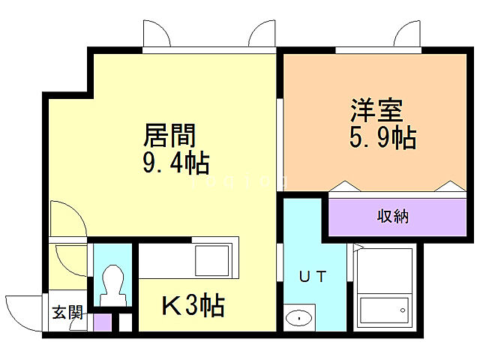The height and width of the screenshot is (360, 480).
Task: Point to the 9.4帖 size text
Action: (175, 161)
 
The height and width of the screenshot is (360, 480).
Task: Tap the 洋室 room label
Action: (376, 112)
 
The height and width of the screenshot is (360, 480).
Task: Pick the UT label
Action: (313, 276)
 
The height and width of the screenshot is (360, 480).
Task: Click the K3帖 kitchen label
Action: (193, 305)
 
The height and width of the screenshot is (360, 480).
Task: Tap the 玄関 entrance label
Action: (67, 313)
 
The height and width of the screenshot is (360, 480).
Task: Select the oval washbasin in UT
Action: (298, 317)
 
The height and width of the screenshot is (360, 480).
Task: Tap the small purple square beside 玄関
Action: (103, 322)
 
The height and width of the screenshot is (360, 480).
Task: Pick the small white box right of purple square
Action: (124, 322)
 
